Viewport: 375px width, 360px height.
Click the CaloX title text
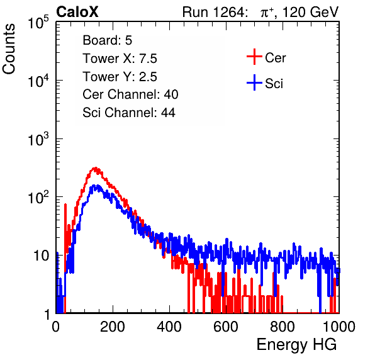(77, 12)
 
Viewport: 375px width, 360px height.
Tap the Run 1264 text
(213, 12)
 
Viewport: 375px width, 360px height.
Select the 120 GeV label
(310, 12)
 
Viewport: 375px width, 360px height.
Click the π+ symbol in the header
(267, 13)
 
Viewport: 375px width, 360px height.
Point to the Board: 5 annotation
(107, 40)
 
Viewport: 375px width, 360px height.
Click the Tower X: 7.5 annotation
(120, 59)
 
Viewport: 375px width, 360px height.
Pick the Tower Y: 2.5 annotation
(120, 77)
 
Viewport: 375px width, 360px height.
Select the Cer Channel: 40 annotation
(130, 94)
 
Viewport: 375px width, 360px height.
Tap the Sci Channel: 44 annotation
(129, 113)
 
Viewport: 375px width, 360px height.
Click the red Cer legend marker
(254, 57)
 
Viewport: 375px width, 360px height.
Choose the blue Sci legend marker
(254, 83)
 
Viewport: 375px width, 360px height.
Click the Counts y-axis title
(9, 49)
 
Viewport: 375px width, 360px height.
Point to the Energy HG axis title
(296, 345)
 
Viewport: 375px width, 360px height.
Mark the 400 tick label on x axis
(169, 327)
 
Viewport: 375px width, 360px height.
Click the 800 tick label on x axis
(283, 327)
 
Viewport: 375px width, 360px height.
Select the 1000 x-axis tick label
(339, 327)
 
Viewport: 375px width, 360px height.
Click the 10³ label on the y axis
(38, 138)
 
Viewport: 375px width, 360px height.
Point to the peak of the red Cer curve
(96, 168)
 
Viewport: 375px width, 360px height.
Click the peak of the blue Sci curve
(94, 186)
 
